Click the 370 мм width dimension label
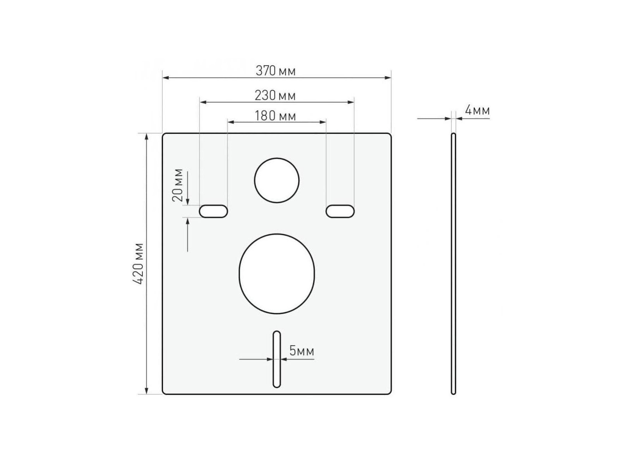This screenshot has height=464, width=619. click(276, 71)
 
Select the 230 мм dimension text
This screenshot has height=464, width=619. click(275, 96)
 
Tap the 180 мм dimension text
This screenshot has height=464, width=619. click(275, 116)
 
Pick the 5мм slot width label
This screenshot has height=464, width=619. click(302, 351)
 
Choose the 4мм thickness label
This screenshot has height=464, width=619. click(477, 110)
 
